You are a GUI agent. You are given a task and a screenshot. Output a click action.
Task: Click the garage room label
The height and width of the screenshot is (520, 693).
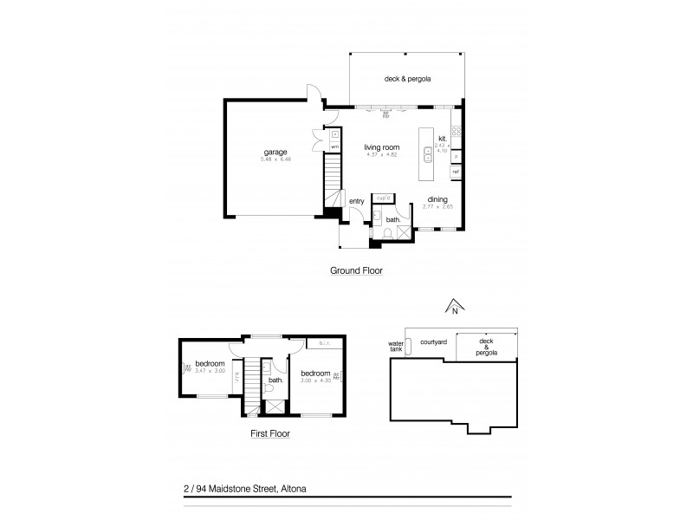[x=276, y=152]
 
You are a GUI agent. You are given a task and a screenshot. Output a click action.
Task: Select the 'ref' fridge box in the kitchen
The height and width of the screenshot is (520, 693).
[x=456, y=172]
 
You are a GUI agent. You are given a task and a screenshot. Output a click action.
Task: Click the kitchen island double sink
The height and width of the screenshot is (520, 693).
[x=428, y=156]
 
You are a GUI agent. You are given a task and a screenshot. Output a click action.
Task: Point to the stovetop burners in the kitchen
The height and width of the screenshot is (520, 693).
[x=456, y=133]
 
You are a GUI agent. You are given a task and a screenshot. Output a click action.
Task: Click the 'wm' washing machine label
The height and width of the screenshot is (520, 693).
[x=334, y=146]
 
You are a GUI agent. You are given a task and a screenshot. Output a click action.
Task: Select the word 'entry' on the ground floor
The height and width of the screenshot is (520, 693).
[x=357, y=202]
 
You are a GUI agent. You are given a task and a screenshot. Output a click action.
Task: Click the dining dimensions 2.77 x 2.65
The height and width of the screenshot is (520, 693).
[x=437, y=206]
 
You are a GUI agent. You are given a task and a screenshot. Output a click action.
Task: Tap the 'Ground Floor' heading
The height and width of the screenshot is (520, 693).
[x=356, y=270]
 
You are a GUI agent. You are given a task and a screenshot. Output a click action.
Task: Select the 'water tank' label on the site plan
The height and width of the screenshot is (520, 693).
[x=396, y=348]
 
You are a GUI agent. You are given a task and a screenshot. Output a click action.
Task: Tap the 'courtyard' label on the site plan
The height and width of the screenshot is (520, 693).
[x=433, y=342]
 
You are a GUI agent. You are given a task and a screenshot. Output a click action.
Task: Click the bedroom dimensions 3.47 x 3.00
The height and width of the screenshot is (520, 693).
[x=210, y=371]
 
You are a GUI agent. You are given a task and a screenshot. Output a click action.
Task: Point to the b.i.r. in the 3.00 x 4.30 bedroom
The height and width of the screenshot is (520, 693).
[x=327, y=344]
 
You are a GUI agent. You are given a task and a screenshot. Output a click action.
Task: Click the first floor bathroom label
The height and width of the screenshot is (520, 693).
[x=276, y=380]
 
